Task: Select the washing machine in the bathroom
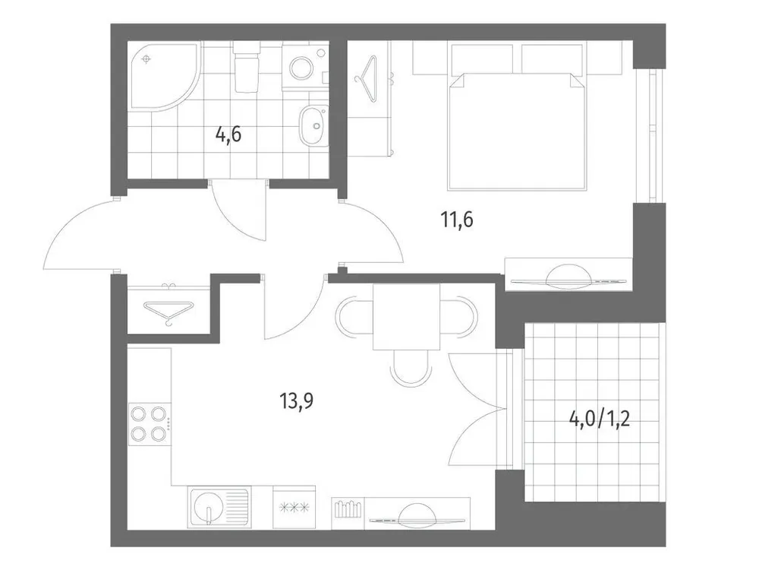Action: coord(304,66)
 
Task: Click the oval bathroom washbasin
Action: coord(312,127)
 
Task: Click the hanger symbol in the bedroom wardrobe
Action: coord(370,78)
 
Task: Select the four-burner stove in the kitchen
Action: coord(149,424)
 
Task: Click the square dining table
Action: coord(406,316)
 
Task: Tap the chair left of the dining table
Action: coord(354,317)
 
